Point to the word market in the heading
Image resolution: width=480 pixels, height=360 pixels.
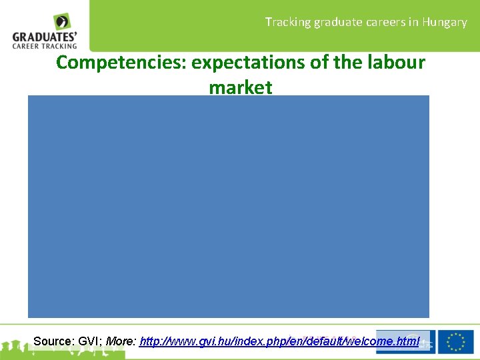coord(240,87)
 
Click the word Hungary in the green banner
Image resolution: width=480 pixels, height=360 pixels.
coord(444,22)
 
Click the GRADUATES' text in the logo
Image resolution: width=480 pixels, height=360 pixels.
coord(45,37)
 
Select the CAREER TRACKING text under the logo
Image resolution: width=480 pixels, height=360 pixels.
coord(45,46)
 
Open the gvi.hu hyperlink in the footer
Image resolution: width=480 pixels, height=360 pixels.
coord(279,341)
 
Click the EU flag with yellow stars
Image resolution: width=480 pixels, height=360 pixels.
coord(456,341)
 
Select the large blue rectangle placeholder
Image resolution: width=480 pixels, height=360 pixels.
coord(228,206)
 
